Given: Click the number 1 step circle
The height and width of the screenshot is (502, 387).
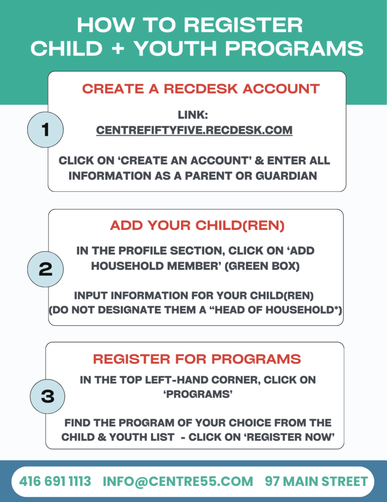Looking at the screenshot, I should [x=46, y=130].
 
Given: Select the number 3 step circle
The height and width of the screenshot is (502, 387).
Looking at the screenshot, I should [x=47, y=396].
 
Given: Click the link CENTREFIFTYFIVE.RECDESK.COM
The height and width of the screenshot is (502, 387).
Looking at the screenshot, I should [x=194, y=130].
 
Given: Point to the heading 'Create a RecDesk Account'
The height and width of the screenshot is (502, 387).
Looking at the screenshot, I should [x=201, y=89].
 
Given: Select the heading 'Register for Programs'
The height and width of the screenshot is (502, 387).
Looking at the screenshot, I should [x=197, y=359].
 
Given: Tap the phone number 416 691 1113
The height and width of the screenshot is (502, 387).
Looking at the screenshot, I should [x=55, y=481].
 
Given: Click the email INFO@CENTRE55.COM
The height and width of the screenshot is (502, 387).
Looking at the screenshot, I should [x=178, y=481].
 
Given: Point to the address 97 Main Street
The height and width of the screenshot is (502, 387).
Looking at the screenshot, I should [x=316, y=481].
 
